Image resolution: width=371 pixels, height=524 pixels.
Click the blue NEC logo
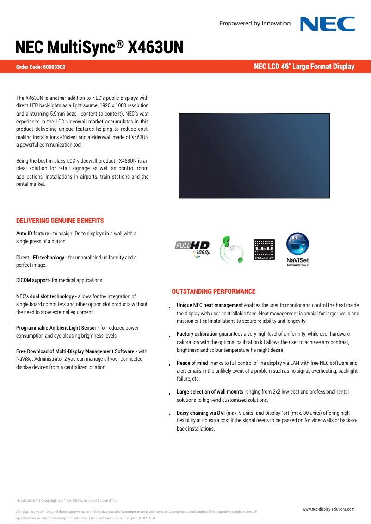coord(327,24)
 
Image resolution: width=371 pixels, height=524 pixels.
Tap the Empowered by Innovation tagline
coord(255,24)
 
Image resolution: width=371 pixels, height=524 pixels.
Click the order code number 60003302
coord(54,67)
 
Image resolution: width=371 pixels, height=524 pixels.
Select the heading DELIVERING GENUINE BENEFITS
coord(60,221)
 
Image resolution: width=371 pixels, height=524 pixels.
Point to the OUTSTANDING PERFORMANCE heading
coord(213,291)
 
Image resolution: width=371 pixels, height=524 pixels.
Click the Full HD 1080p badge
coord(192,249)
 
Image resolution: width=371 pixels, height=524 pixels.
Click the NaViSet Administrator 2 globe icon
coord(297,244)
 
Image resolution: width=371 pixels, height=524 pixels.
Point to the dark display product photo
coord(254,156)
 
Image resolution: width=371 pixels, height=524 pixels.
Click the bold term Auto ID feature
coord(33,234)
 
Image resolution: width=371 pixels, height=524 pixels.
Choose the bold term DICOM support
coord(33,280)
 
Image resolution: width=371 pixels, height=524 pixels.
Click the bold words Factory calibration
coord(197,334)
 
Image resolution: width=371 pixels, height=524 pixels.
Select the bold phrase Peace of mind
coord(192,363)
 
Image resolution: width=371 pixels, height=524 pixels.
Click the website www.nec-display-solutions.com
coord(328,509)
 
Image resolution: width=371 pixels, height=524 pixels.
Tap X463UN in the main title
coord(155,48)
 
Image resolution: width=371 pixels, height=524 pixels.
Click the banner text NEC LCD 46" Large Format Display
coord(304,67)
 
